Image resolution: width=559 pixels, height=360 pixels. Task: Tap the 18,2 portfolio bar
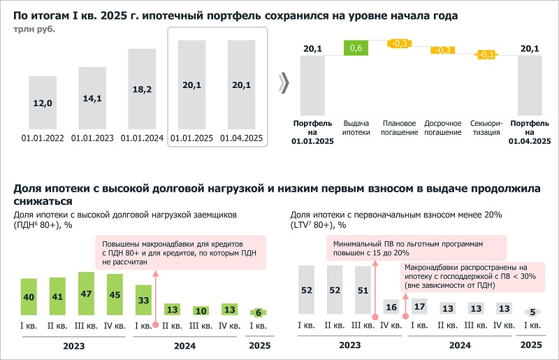click(142, 89)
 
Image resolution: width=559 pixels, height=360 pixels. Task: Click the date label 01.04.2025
click(241, 138)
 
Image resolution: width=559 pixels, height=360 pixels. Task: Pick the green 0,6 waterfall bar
click(356, 48)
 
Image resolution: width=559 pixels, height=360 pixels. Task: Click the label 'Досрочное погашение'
click(443, 127)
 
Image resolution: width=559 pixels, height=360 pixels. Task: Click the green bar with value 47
click(87, 294)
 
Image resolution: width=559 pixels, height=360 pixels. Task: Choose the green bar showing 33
click(143, 300)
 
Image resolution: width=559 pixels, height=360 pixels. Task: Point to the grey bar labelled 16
click(391, 308)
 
